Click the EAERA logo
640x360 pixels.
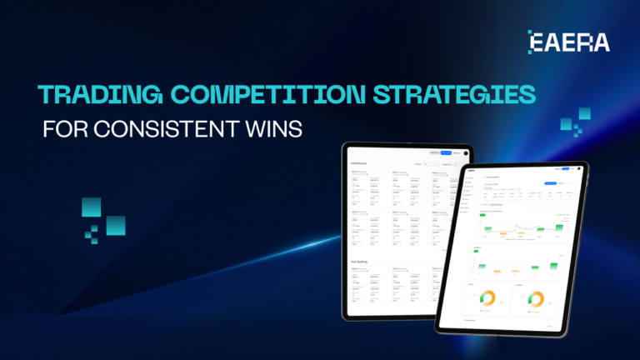(569, 42)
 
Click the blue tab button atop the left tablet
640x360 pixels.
(446, 152)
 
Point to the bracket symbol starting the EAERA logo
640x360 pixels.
(533, 42)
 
